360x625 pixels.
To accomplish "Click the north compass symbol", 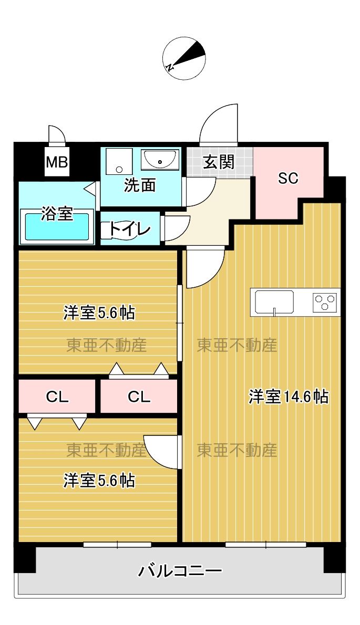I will pos(183,58).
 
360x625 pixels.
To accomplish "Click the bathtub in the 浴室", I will pos(57,226).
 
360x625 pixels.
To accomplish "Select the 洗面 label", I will pos(140,185).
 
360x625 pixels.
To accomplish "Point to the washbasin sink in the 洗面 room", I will pos(161,159).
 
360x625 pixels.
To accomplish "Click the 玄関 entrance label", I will pos(219,162).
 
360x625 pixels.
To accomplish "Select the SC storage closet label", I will pos(288,178).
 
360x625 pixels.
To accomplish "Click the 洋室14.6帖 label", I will pos(289,397).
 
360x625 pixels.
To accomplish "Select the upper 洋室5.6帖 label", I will pos(99,313).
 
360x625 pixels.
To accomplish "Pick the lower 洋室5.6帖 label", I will pos(99,480).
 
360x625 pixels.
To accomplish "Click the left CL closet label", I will pos(57,397).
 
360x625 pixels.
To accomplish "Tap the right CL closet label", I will pos(139,397).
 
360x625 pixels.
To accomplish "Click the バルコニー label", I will pos(180,570).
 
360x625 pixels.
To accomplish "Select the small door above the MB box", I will pos(56,135).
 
